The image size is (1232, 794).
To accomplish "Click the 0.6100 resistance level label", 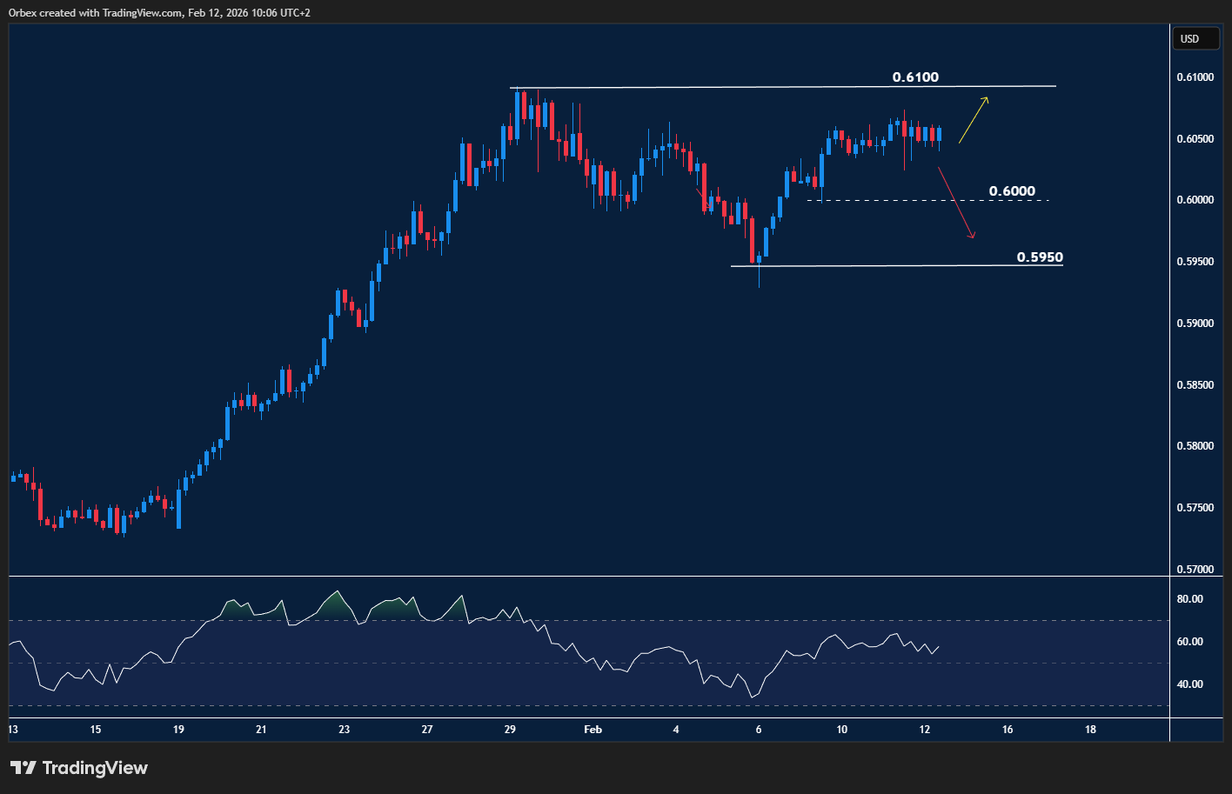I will tap(915, 77).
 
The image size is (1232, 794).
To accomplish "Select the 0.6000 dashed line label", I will tap(1012, 191).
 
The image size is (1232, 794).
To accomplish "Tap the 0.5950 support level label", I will tap(1040, 257).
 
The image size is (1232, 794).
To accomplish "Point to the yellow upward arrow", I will tap(974, 120).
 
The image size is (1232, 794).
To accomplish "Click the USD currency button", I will tap(1189, 39).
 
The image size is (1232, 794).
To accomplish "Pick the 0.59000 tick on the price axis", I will tap(1195, 324).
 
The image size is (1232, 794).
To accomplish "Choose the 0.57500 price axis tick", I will tap(1195, 508).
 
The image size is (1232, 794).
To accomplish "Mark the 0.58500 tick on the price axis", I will tap(1195, 385).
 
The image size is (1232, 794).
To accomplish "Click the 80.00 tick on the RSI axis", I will tap(1189, 599).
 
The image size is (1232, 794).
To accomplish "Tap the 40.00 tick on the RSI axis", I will tap(1189, 684).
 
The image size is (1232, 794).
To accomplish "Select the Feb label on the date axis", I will tap(593, 730).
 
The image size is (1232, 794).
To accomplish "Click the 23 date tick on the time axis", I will tap(344, 730).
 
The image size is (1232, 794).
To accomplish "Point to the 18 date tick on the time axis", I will tap(1090, 730).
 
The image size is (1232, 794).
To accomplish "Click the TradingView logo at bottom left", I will tap(79, 768).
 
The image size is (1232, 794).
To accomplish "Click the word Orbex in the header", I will tap(22, 13).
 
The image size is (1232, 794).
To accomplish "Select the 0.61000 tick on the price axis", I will tap(1195, 77).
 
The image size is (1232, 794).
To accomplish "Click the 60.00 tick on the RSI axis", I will tap(1189, 642).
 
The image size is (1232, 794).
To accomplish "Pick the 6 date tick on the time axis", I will tap(759, 730).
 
